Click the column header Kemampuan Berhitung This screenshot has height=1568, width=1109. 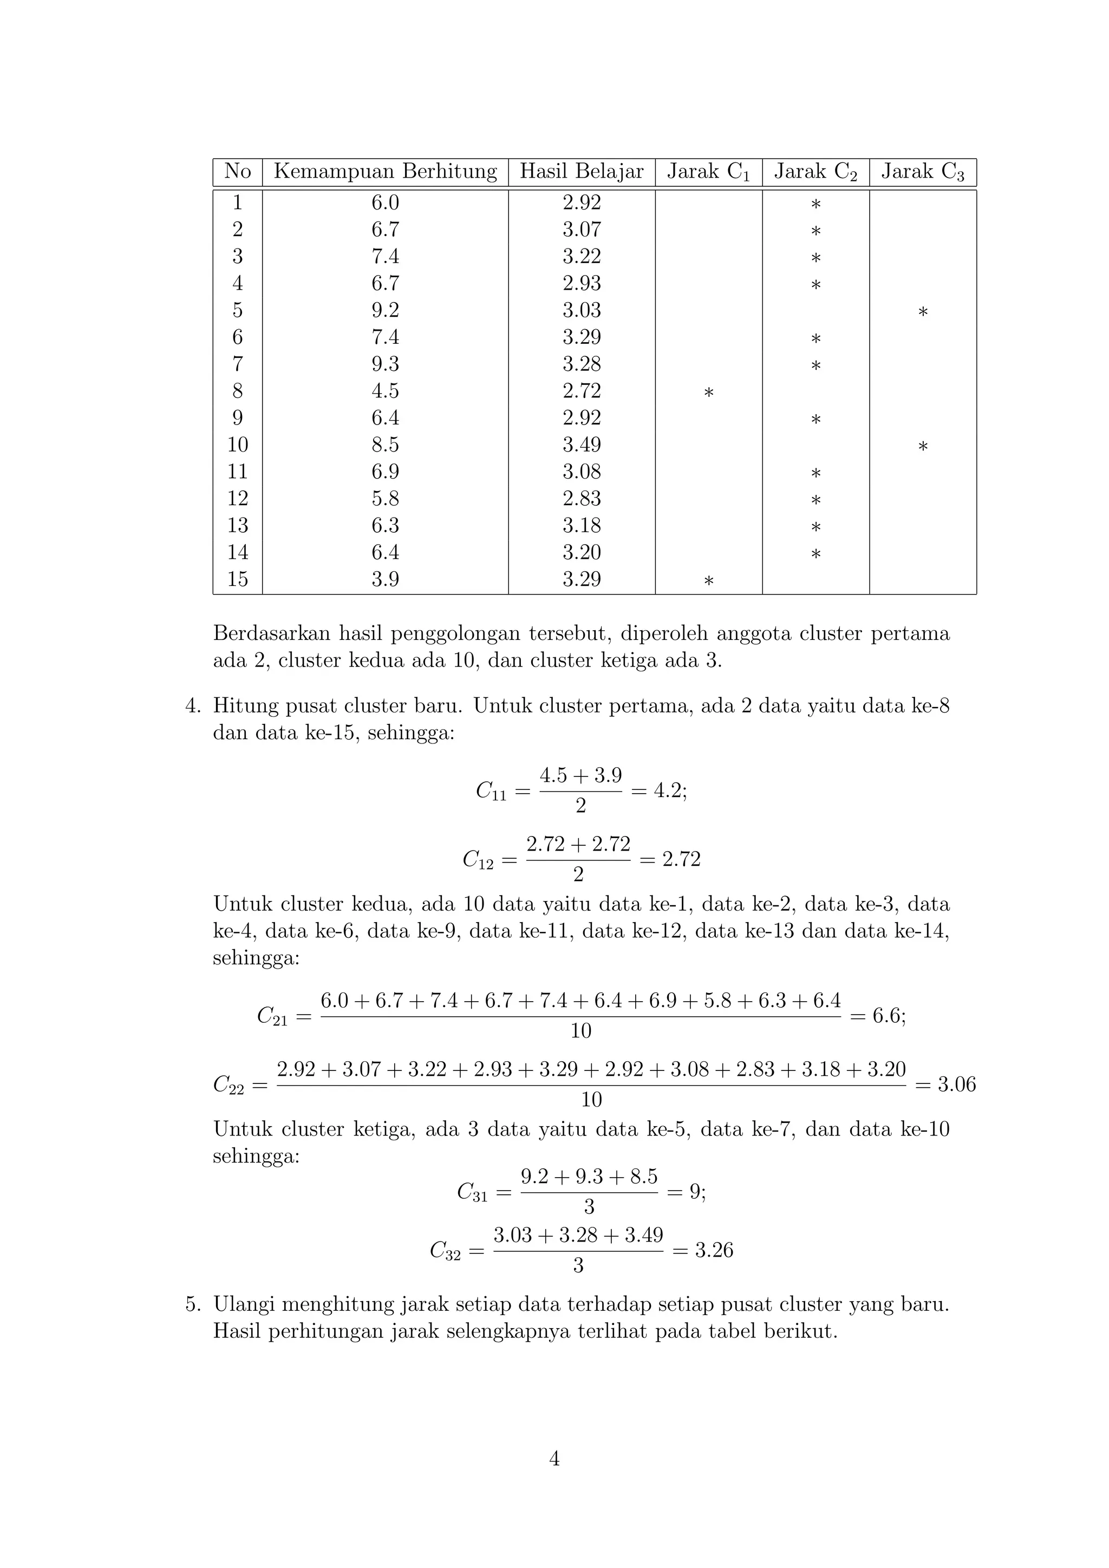[x=385, y=172]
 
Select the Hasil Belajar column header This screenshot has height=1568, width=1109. [x=581, y=172]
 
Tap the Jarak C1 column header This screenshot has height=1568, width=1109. [x=708, y=172]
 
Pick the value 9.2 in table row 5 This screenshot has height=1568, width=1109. [x=385, y=310]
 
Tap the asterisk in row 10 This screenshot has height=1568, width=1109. [x=923, y=447]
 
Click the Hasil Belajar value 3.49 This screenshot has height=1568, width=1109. [x=581, y=445]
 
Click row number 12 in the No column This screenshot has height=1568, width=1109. [x=238, y=499]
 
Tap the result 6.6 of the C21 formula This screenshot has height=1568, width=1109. [x=887, y=1016]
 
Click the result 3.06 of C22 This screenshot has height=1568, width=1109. [x=956, y=1084]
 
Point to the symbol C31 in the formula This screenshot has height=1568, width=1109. [x=472, y=1192]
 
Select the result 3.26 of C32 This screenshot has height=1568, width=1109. [x=714, y=1250]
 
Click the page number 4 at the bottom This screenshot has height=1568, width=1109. [x=554, y=1459]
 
